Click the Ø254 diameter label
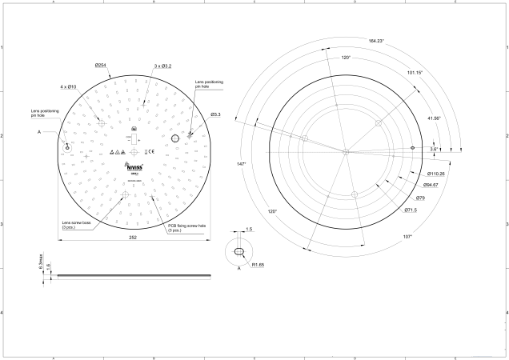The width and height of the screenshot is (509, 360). coord(102,65)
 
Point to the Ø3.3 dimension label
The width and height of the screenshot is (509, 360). coord(215,114)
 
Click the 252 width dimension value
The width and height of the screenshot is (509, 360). coord(134,238)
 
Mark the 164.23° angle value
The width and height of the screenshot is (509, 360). coord(377,41)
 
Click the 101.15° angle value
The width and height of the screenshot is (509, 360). coord(415,73)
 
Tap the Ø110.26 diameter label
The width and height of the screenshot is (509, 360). coord(436,173)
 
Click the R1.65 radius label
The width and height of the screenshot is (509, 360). coord(259,264)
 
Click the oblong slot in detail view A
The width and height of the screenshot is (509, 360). coord(238,252)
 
